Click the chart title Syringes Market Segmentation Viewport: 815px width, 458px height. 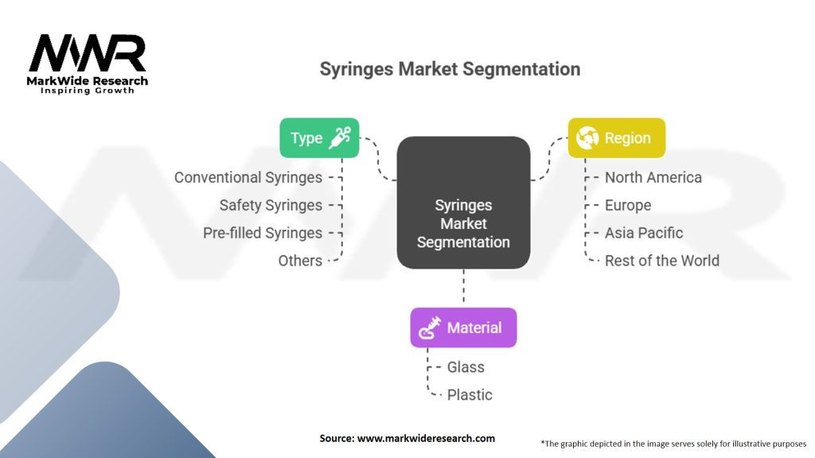(450, 69)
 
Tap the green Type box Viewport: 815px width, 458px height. (319, 138)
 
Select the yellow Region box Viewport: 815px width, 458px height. (616, 138)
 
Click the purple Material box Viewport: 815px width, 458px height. (463, 328)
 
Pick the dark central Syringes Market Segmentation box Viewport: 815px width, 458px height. (463, 202)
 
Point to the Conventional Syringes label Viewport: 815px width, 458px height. (248, 177)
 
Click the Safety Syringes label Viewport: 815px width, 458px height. (271, 205)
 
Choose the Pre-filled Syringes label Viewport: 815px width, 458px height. (262, 233)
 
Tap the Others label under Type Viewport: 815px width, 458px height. (300, 261)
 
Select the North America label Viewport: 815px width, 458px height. (653, 177)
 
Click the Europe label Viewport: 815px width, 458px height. (628, 205)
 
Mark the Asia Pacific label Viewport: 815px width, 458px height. (644, 233)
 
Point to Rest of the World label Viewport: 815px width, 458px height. (661, 261)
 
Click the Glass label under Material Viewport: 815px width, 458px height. (466, 367)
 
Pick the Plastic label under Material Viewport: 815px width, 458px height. (470, 395)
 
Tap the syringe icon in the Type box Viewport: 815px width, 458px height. (341, 137)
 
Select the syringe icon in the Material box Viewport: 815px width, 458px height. (431, 328)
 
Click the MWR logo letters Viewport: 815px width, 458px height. (88, 54)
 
